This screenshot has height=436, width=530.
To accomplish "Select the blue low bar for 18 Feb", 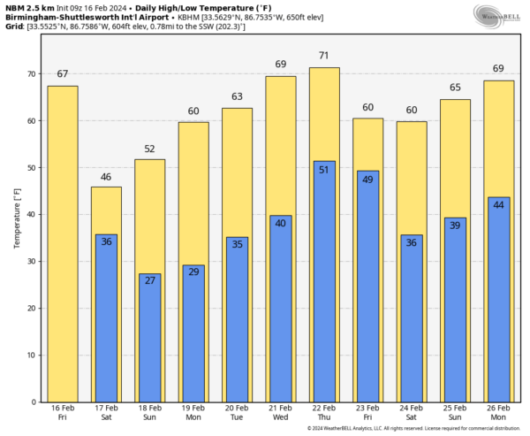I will (149, 345).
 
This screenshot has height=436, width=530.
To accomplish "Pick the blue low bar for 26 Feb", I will (499, 301).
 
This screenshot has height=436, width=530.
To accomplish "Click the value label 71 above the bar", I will (324, 56).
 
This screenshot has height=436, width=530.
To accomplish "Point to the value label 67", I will (62, 74).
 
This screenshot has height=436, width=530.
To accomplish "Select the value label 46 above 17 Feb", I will (106, 177).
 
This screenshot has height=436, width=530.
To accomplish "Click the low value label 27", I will (149, 281).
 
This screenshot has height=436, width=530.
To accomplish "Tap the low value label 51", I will (324, 169).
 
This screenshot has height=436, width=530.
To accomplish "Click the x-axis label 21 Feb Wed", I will (281, 414).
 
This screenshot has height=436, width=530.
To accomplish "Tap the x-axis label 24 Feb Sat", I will (412, 414).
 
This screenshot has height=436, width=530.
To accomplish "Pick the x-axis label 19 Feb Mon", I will (193, 414).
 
